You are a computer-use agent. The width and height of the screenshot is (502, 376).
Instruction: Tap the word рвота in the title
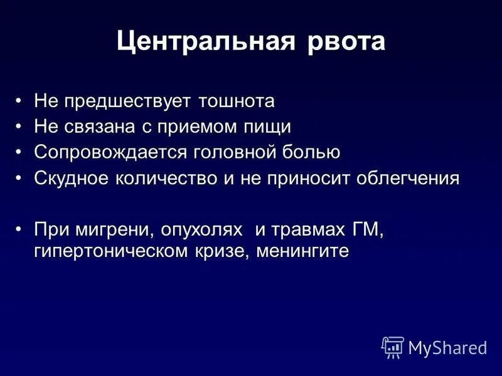click(x=347, y=43)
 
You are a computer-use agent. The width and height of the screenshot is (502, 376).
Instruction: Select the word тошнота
click(x=238, y=100)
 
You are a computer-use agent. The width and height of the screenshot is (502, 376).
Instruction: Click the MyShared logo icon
click(x=393, y=347)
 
